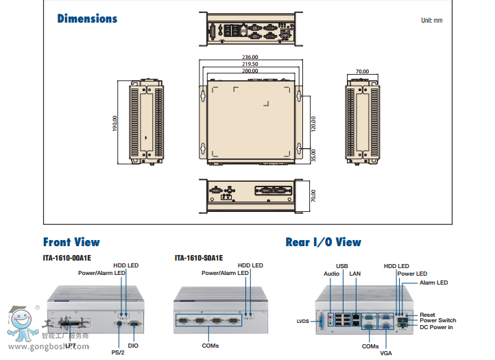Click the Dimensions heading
coord(87,19)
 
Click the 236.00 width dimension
coord(250,58)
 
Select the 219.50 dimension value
coord(250,64)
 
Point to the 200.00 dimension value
coord(250,71)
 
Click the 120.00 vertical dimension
coord(313,123)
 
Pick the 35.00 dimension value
coord(313,156)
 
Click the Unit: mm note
coord(431,21)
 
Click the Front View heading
coord(71,242)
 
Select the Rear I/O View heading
coord(323,242)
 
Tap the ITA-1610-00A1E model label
coord(67,259)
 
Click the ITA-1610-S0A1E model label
coord(199,259)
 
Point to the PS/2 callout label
coord(118,352)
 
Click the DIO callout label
coord(133,346)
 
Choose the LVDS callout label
coord(303,321)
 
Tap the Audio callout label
coord(331,274)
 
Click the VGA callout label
coord(387,352)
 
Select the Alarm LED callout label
coord(433,283)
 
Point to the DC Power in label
coord(436,327)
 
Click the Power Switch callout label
coord(437,320)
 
